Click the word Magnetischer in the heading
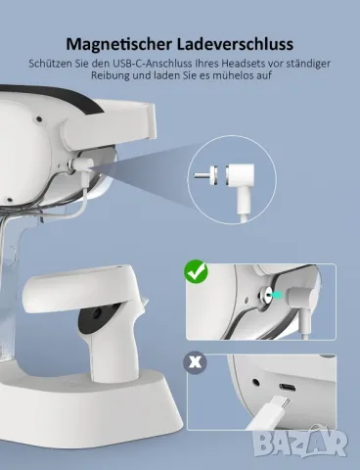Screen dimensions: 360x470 [x=119, y=44]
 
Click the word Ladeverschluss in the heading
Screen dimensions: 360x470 [x=235, y=44]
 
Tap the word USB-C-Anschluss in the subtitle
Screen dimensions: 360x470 [x=149, y=63]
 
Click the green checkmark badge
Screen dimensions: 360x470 [x=196, y=271]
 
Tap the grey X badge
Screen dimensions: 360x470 [x=195, y=362]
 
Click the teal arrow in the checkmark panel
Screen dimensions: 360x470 [x=277, y=295]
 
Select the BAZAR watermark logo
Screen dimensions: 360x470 [x=300, y=443]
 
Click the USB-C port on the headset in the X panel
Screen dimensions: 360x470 [x=288, y=388]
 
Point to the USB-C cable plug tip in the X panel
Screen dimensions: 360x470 [x=283, y=405]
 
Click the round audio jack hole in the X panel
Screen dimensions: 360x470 [x=256, y=382]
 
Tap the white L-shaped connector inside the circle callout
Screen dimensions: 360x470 [x=242, y=183]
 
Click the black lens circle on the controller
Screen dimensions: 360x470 [x=97, y=314]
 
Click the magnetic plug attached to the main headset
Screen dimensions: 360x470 [x=81, y=164]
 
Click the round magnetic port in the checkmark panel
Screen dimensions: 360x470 [x=265, y=295]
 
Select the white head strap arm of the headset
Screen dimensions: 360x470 [x=110, y=121]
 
